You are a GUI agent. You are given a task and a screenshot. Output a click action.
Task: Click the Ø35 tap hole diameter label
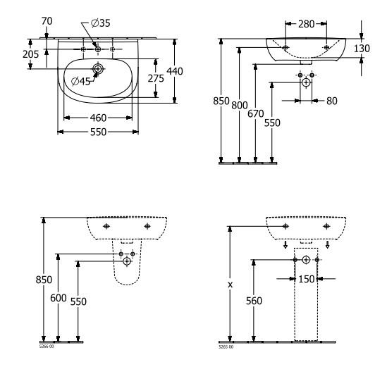coord(101,23)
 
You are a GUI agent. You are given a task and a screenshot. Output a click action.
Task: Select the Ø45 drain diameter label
coord(80,81)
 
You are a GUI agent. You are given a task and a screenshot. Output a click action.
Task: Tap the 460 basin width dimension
coord(98,118)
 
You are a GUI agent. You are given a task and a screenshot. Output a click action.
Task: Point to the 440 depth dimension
coord(175,71)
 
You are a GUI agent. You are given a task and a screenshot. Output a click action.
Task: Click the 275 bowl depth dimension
coord(156,78)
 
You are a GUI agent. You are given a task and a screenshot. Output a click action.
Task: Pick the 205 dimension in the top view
coord(30,54)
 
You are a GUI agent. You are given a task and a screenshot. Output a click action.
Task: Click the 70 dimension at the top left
coord(47,21)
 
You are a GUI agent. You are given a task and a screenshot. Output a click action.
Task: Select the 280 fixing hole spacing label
coord(307,24)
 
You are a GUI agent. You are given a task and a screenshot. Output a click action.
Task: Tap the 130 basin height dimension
coord(362,49)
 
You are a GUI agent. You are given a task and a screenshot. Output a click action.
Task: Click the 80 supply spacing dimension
coord(332,101)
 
